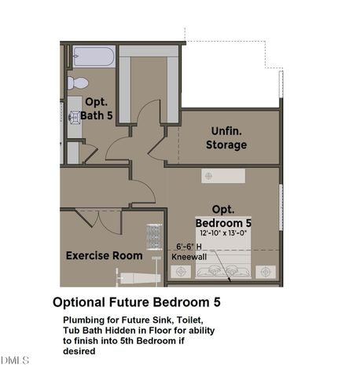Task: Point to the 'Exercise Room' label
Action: point(104,255)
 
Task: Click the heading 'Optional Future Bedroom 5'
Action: point(141,302)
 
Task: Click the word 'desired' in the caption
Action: point(79,351)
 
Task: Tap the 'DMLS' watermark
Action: point(15,361)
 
